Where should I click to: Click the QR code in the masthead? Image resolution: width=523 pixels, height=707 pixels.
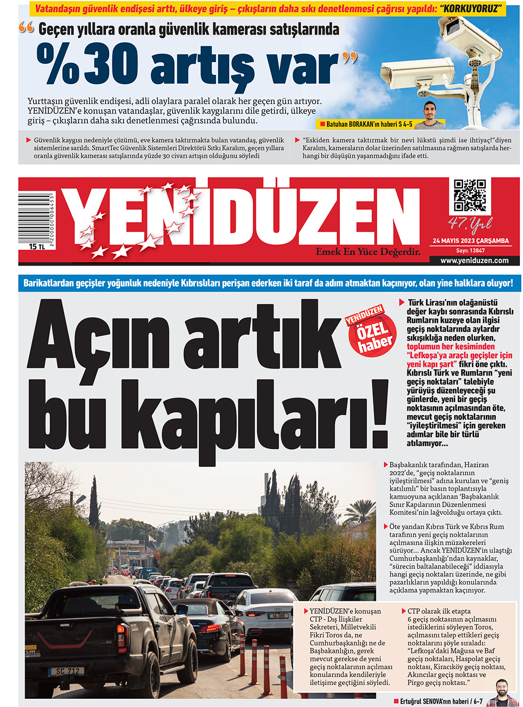[469, 195]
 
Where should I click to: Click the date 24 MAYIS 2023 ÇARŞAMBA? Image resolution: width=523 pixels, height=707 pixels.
[470, 241]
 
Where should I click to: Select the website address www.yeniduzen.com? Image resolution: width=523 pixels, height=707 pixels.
[474, 260]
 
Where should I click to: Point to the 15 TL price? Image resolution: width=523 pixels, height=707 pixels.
[37, 247]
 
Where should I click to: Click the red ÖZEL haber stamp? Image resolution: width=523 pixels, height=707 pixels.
[372, 333]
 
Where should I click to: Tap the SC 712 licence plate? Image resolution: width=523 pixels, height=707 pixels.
[67, 671]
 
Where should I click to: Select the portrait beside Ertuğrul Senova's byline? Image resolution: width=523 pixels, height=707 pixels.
[501, 693]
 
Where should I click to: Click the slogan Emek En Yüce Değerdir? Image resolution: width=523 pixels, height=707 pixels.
[368, 252]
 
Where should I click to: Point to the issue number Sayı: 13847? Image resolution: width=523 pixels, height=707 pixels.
[470, 250]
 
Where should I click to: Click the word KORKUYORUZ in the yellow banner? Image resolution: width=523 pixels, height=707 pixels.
[471, 8]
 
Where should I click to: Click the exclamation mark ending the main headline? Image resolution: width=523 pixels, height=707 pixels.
[379, 413]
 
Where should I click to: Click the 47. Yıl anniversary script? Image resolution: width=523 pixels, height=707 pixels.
[470, 224]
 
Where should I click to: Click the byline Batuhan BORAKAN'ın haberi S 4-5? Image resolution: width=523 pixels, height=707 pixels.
[369, 124]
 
